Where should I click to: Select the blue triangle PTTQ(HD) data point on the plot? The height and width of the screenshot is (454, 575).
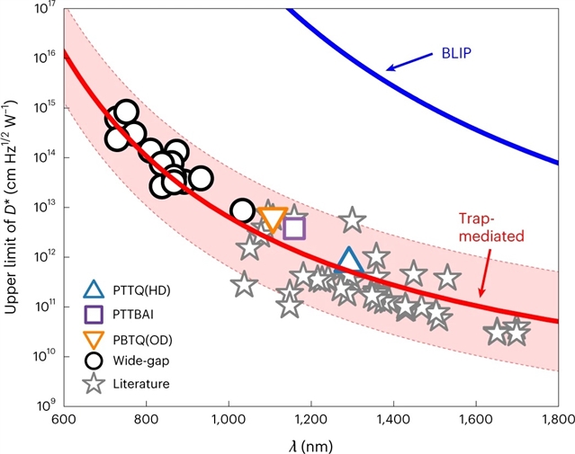(x=349, y=261)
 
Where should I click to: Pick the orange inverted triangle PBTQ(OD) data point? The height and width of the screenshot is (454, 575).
(x=272, y=219)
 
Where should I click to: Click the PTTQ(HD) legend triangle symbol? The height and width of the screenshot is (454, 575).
(x=92, y=289)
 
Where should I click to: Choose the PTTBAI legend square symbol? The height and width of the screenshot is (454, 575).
(x=92, y=314)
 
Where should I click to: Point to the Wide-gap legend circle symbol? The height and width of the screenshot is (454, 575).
(x=92, y=361)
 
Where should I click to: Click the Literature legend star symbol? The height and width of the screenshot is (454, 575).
(x=92, y=384)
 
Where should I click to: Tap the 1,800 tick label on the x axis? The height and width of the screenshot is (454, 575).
(x=558, y=420)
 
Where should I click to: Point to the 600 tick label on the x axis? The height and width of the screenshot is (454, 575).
(x=63, y=420)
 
